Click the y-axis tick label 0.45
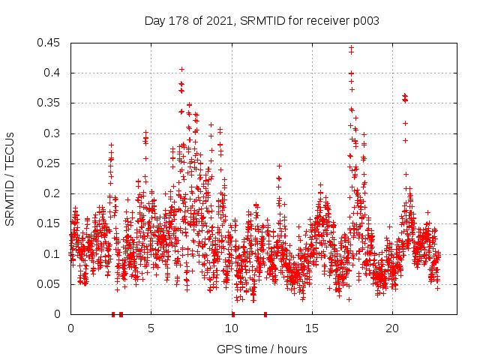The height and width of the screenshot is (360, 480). [x=51, y=43]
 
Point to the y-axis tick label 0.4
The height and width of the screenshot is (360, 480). [x=54, y=73]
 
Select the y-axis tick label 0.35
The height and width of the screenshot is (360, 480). [x=51, y=103]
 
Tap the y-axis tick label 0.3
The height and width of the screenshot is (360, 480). [x=54, y=133]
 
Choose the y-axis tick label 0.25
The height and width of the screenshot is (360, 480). [x=51, y=163]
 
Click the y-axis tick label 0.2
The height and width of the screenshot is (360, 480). [x=54, y=193]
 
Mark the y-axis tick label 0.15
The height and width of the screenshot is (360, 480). [x=51, y=223]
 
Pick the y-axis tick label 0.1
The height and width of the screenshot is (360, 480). [x=54, y=253]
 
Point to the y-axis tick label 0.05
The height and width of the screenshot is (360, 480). [x=51, y=284]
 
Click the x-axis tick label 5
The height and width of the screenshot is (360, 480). [x=151, y=328]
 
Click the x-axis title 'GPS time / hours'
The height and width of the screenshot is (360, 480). [x=262, y=349]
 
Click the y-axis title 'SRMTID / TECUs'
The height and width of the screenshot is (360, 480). [x=10, y=178]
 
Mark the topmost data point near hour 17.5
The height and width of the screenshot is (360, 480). [x=351, y=48]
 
